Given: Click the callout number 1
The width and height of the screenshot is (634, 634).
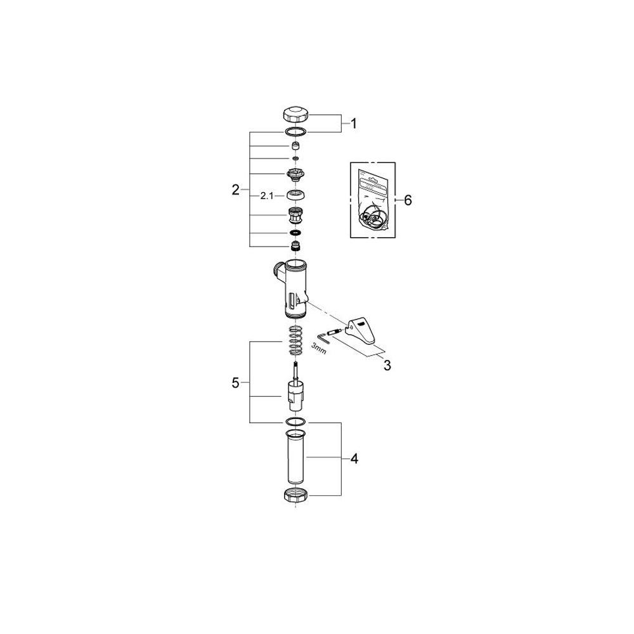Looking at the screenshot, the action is [354, 124].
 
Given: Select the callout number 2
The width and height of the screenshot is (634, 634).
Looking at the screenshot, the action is [236, 190].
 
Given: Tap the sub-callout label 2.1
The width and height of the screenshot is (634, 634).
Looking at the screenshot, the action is [267, 196].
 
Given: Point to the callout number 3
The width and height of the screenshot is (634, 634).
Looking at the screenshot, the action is [387, 366].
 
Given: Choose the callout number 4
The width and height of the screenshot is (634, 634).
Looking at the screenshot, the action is [354, 459].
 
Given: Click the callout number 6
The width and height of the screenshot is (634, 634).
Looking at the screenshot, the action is [408, 200].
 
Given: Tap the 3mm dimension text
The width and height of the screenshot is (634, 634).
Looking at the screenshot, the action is [319, 349].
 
